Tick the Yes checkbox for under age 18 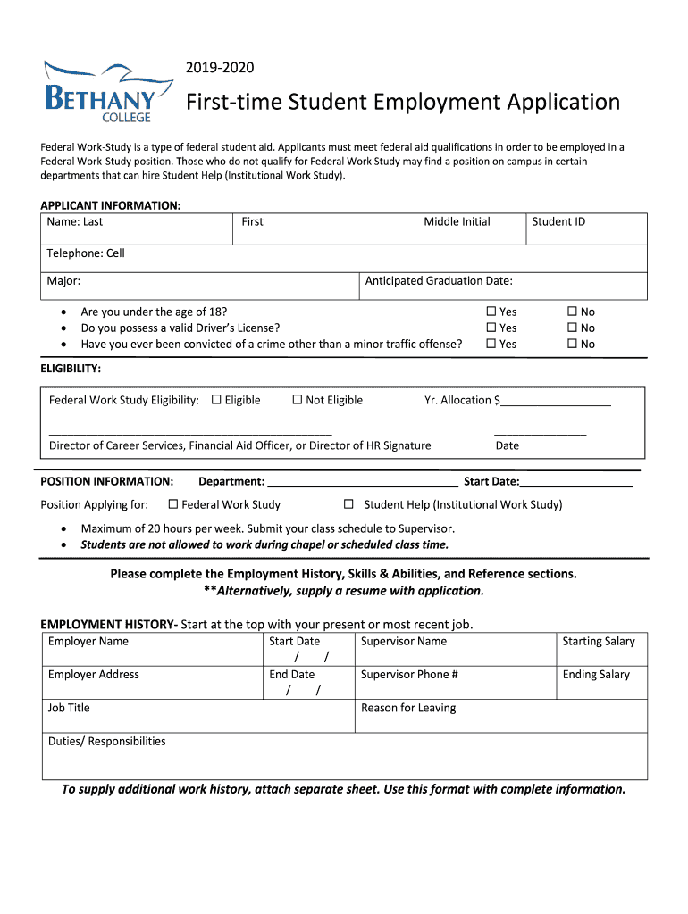(491, 312)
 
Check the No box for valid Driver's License (573, 328)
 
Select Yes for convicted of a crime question (491, 344)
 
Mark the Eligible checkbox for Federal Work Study (216, 400)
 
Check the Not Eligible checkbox (298, 400)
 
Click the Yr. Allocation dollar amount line (556, 402)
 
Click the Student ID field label (558, 221)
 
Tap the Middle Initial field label (457, 221)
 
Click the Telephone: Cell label (86, 253)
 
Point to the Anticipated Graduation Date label (439, 281)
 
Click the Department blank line (363, 483)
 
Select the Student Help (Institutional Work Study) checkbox (349, 504)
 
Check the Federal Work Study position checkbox (173, 504)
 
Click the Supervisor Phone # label (409, 675)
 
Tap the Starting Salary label (598, 641)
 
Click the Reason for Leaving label (407, 708)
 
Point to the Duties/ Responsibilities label (107, 741)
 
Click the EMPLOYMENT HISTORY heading (109, 624)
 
